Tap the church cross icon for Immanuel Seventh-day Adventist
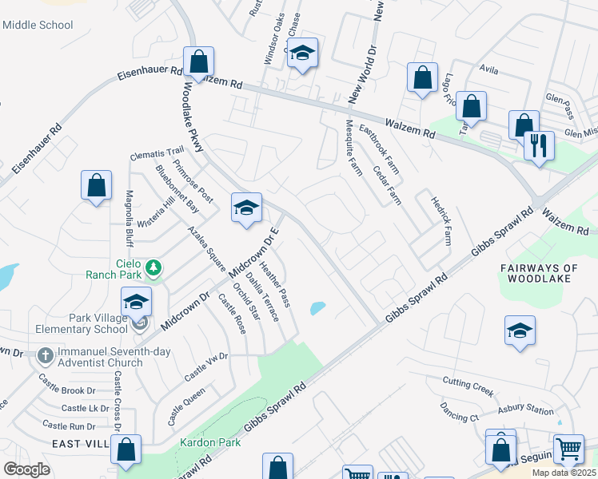click(x=46, y=355)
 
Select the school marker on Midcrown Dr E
click(x=246, y=208)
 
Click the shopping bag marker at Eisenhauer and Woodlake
click(x=198, y=61)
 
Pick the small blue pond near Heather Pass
click(x=318, y=307)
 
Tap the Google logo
click(x=26, y=469)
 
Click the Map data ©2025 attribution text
click(x=564, y=473)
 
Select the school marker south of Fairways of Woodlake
click(x=520, y=331)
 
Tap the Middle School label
click(x=38, y=25)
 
